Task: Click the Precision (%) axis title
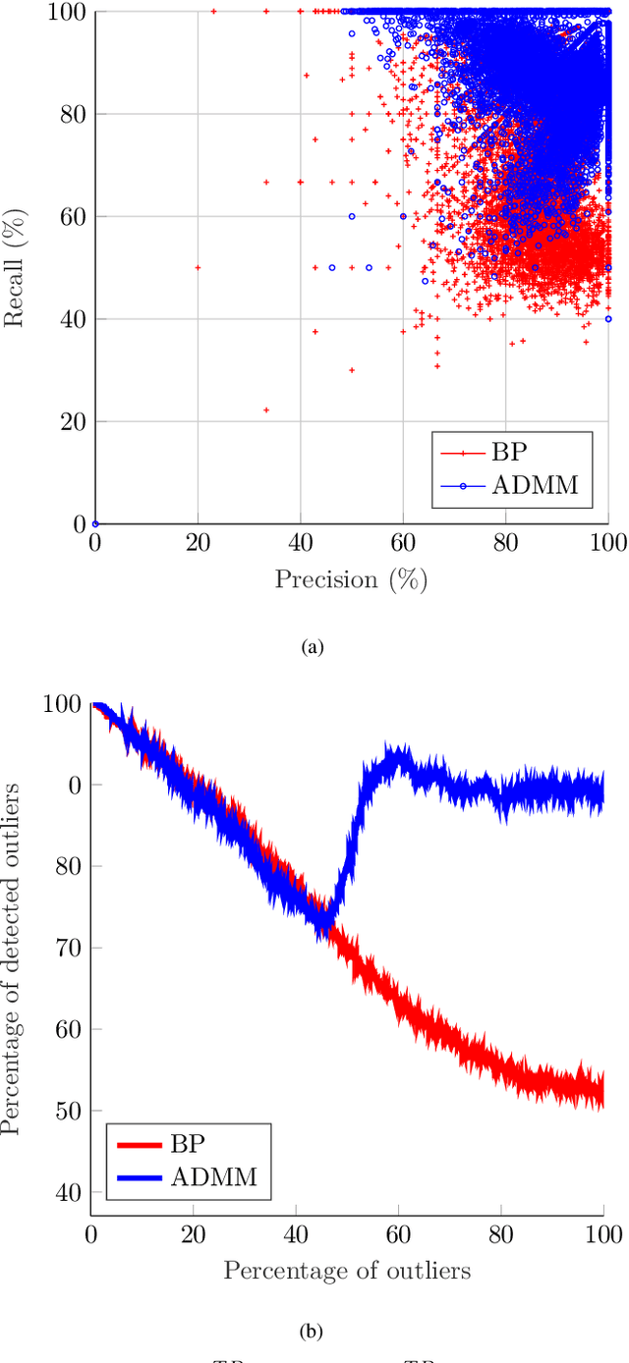(x=351, y=579)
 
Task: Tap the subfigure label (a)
(x=313, y=646)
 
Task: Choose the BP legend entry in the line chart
(x=187, y=1144)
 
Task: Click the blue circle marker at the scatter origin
(x=95, y=523)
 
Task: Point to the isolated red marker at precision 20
(x=198, y=267)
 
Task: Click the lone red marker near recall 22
(x=266, y=409)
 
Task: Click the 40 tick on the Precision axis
(x=300, y=543)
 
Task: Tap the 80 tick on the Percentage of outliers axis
(x=500, y=1232)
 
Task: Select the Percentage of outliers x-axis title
(x=347, y=1270)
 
